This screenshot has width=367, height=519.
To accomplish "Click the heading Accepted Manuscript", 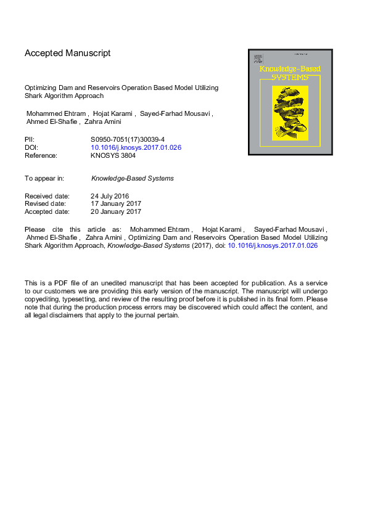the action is coord(67,53).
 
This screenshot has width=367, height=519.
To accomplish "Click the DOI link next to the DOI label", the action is coord(136,148).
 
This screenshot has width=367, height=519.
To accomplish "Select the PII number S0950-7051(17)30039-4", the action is coord(128,140).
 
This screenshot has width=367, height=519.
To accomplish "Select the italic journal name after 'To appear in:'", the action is coord(132,179).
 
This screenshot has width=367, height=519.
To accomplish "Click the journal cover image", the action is coord(290,102).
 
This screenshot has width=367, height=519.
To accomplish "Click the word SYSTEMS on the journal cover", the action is coord(290,78).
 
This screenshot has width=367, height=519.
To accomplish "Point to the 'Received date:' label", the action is coord(47,196).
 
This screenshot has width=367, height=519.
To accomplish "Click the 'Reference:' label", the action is coord(41,156).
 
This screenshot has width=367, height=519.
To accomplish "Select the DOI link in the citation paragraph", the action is coord(273,245).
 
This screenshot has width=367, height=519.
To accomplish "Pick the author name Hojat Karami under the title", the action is coord(115,114).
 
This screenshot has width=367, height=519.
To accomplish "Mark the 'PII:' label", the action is coord(30,140).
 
